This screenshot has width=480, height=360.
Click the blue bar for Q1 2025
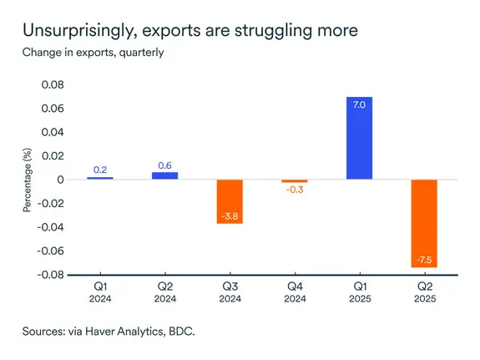point(359,138)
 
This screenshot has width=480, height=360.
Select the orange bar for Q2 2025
point(424,223)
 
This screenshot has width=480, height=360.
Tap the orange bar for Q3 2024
point(230,201)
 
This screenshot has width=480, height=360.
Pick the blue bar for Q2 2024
point(164,175)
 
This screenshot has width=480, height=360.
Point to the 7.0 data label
point(359,105)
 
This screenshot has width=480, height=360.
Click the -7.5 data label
point(424,257)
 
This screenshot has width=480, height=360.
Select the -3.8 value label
point(230,215)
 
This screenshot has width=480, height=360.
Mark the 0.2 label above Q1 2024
point(100,170)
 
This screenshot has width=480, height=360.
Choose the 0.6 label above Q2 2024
point(164,165)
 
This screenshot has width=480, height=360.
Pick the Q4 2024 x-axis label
point(294,292)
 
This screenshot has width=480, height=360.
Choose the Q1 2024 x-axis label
point(100,292)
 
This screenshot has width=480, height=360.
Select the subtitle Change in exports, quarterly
point(93,53)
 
